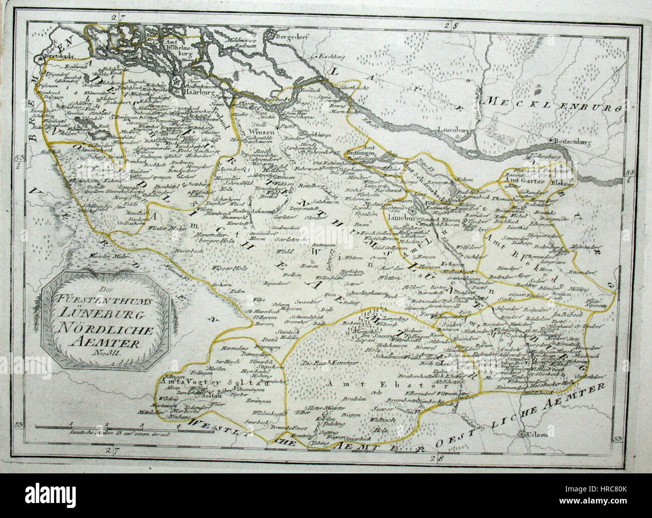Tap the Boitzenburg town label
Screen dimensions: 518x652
[571, 142]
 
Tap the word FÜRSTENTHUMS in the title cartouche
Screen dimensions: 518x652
[106, 305]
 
